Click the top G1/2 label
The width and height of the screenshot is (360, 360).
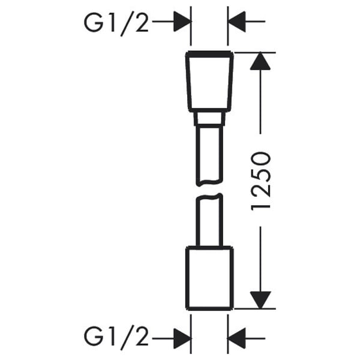pyautogui.click(x=116, y=24)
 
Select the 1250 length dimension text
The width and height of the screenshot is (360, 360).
pyautogui.click(x=261, y=181)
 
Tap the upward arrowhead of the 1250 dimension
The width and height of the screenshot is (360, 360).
pyautogui.click(x=260, y=61)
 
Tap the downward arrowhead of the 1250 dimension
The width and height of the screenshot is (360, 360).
pyautogui.click(x=260, y=300)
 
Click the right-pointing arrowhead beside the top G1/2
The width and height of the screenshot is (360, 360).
pyautogui.click(x=182, y=22)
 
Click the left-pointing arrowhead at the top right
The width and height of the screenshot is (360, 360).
pyautogui.click(x=237, y=22)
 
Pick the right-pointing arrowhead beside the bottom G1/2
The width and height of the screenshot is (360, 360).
pyautogui.click(x=182, y=338)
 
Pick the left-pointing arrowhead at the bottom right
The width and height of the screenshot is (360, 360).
pyautogui.click(x=237, y=338)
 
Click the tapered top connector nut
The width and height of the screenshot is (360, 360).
pyautogui.click(x=209, y=82)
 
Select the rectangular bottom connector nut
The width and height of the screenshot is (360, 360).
pyautogui.click(x=209, y=278)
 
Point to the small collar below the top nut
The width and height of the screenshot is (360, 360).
pyautogui.click(x=209, y=119)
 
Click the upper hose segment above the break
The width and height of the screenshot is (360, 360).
pyautogui.click(x=209, y=156)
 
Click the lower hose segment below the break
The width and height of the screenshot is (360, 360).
pyautogui.click(x=209, y=220)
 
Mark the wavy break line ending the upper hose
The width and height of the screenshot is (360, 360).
pyautogui.click(x=209, y=182)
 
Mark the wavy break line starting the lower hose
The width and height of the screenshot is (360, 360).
pyautogui.click(x=209, y=197)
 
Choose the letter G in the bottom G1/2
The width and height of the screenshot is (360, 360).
pyautogui.click(x=93, y=338)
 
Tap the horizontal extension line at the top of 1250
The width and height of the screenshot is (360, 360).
pyautogui.click(x=255, y=53)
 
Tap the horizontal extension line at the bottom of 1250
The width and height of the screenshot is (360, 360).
pyautogui.click(x=255, y=309)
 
